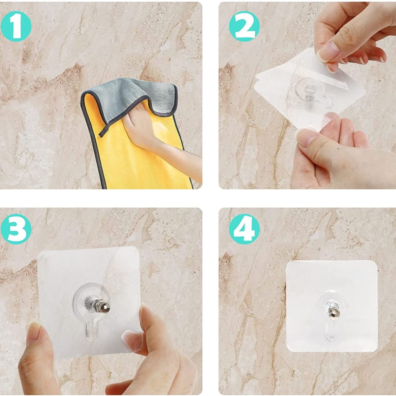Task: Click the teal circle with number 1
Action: click(x=16, y=26)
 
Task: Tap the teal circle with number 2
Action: click(x=245, y=26)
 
